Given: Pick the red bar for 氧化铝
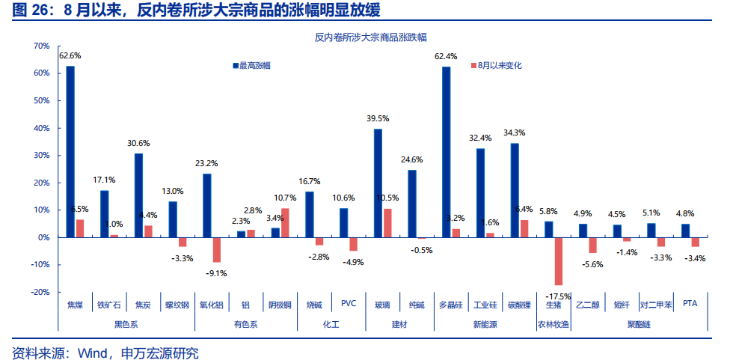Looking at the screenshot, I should [x=217, y=250].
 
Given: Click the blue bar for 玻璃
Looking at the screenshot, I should [x=378, y=183].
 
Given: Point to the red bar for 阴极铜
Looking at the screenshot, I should [x=285, y=223].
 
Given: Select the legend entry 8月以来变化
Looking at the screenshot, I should [x=498, y=66].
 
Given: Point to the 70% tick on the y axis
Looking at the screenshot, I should [x=41, y=46].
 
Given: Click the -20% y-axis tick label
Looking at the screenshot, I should [x=39, y=292].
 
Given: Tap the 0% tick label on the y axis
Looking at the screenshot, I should [x=43, y=237].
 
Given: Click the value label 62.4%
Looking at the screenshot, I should [x=446, y=56].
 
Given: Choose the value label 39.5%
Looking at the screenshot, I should [x=378, y=119].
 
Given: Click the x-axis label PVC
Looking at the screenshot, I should [x=349, y=304].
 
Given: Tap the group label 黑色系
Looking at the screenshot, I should [x=126, y=324].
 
